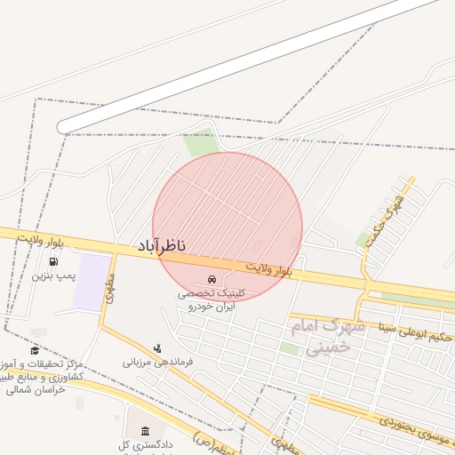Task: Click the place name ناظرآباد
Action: tap(162, 244)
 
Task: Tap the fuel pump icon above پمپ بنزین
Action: tap(53, 263)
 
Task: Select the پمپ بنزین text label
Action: tap(51, 276)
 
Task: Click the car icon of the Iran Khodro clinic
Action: tap(211, 279)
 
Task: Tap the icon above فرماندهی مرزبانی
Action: tap(157, 347)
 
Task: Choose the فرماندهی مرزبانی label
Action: tap(158, 362)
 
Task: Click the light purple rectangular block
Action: tap(91, 282)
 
